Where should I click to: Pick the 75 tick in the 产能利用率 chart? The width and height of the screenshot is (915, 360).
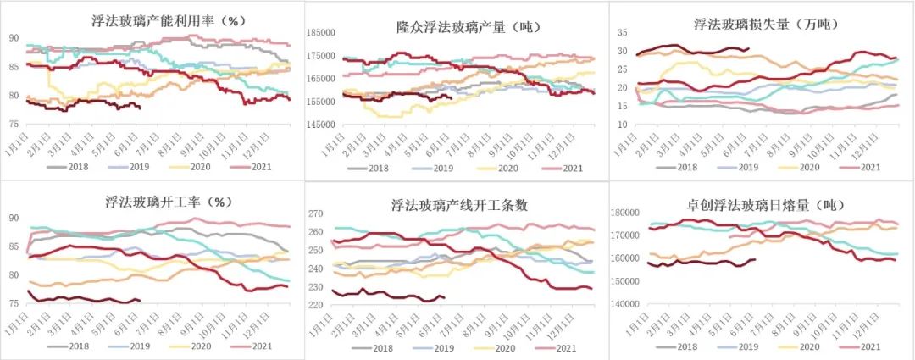click(14, 125)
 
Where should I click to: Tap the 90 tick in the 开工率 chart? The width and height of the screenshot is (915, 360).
click(14, 219)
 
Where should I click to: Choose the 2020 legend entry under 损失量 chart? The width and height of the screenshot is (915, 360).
click(807, 168)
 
